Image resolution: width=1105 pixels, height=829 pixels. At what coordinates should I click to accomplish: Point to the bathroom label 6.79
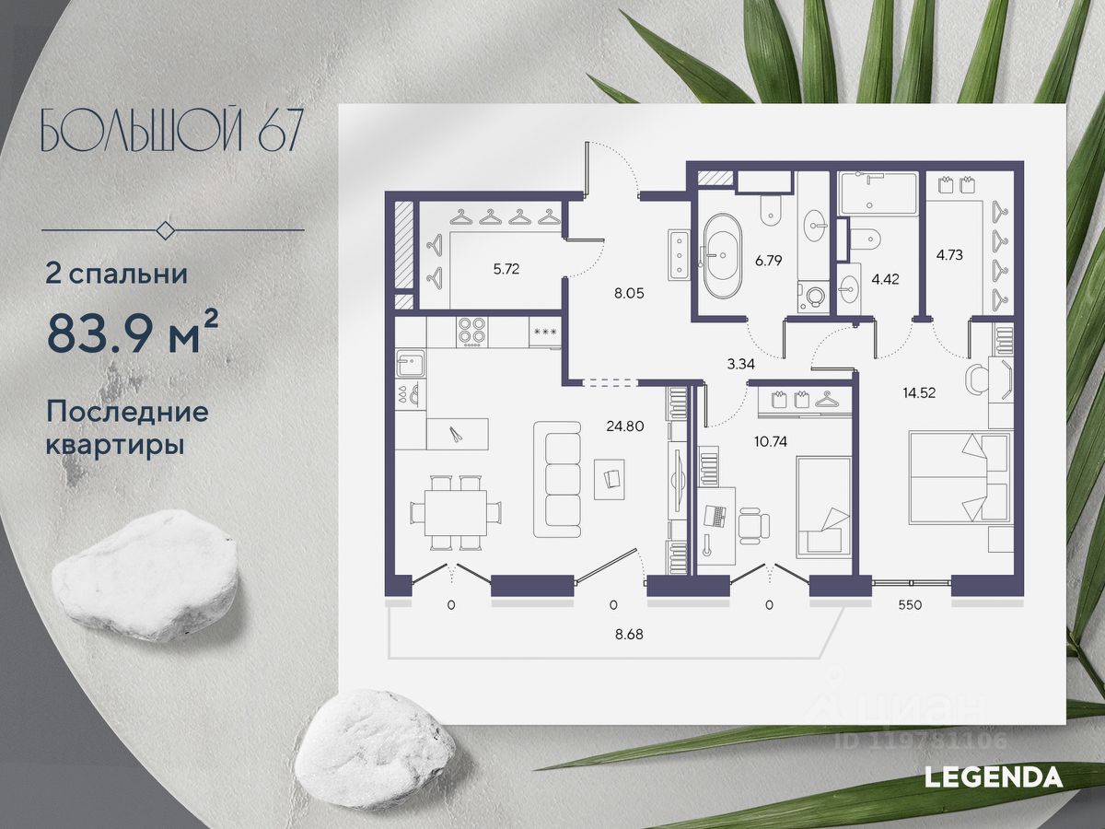[768, 261]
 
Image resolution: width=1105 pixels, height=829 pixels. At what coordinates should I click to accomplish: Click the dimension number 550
[910, 605]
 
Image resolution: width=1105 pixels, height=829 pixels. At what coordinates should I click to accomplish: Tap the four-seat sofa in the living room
[559, 479]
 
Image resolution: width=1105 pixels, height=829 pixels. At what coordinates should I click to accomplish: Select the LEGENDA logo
[994, 776]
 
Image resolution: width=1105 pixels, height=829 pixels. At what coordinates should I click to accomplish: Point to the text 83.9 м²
[134, 337]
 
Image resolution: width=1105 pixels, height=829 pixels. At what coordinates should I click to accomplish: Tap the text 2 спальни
[117, 273]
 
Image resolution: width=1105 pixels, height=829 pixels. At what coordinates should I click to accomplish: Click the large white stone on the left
[145, 574]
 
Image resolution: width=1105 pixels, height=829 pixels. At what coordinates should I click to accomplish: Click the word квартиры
[113, 445]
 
